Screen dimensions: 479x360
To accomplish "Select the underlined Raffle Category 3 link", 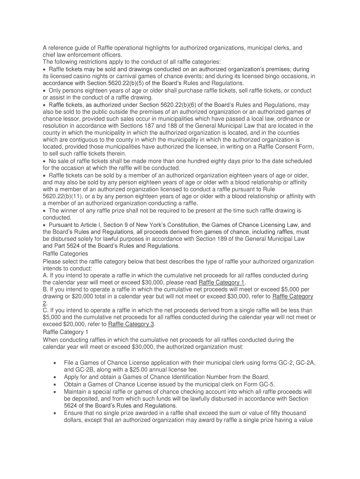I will tap(131, 324).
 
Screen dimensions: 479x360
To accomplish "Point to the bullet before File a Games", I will tap(56, 363).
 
